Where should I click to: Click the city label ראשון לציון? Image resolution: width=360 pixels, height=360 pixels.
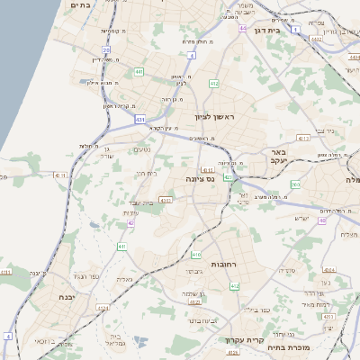(x=213, y=118)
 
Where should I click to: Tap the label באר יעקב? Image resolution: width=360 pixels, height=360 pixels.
(x=277, y=157)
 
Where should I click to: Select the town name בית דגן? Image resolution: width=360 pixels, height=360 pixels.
(x=289, y=30)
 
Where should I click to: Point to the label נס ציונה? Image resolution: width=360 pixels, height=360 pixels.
(x=199, y=178)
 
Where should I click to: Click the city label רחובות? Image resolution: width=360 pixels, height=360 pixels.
(x=222, y=265)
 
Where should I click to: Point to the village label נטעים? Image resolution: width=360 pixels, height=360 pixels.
(x=142, y=149)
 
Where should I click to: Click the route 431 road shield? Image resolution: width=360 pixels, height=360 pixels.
(x=139, y=118)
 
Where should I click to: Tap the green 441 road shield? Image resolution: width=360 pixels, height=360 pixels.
(x=139, y=71)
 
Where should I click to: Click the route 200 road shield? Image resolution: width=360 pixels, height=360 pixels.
(x=295, y=184)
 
